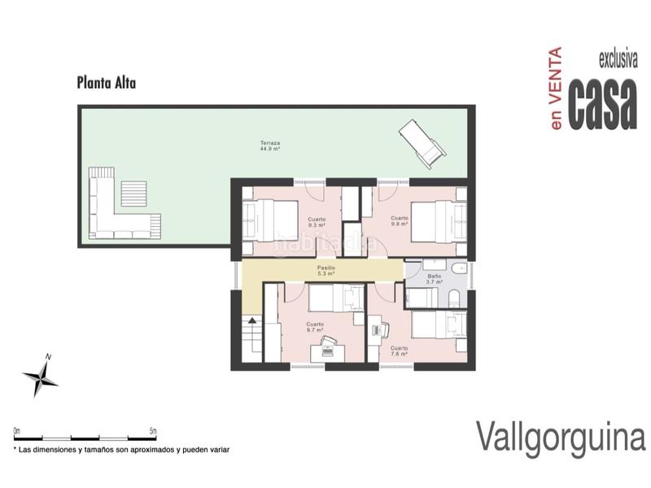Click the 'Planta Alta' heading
(x=106, y=82)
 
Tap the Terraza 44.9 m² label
(x=270, y=146)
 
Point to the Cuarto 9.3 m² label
(x=317, y=222)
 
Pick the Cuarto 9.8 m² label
(x=399, y=220)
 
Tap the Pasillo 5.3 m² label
(x=326, y=271)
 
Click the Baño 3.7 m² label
(x=435, y=279)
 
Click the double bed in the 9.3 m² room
(x=273, y=220)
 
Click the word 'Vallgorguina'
(x=560, y=437)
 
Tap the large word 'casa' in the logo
(x=602, y=103)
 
